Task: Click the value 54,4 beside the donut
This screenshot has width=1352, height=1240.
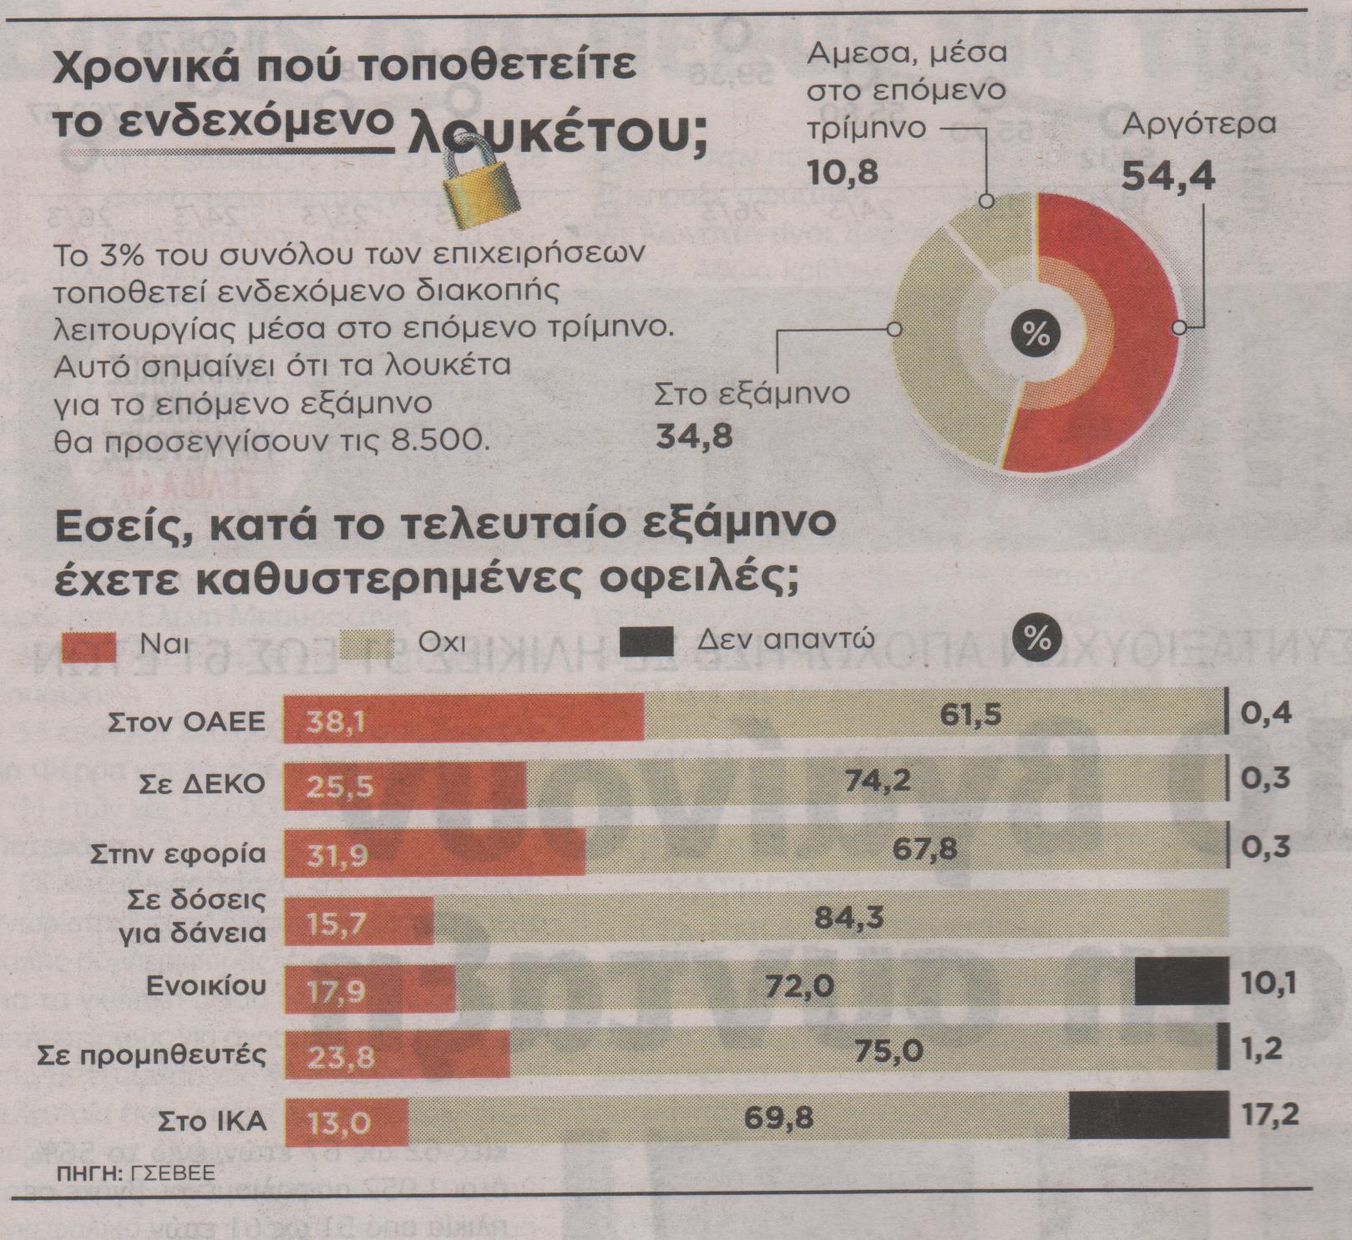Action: pyautogui.click(x=1167, y=175)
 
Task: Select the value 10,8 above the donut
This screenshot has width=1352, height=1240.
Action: pyautogui.click(x=843, y=172)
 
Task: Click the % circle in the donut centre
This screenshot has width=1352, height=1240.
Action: pyautogui.click(x=1036, y=334)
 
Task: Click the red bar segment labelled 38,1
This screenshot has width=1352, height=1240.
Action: pyautogui.click(x=463, y=716)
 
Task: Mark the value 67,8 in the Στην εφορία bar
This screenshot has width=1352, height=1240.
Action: pyautogui.click(x=924, y=849)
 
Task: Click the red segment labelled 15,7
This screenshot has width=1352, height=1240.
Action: pyautogui.click(x=359, y=922)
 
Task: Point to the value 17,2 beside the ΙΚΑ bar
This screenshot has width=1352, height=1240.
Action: pyautogui.click(x=1269, y=1116)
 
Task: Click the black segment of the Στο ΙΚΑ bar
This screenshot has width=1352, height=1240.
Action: pyautogui.click(x=1148, y=1116)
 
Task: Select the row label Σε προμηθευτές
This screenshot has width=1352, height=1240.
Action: pyautogui.click(x=152, y=1055)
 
